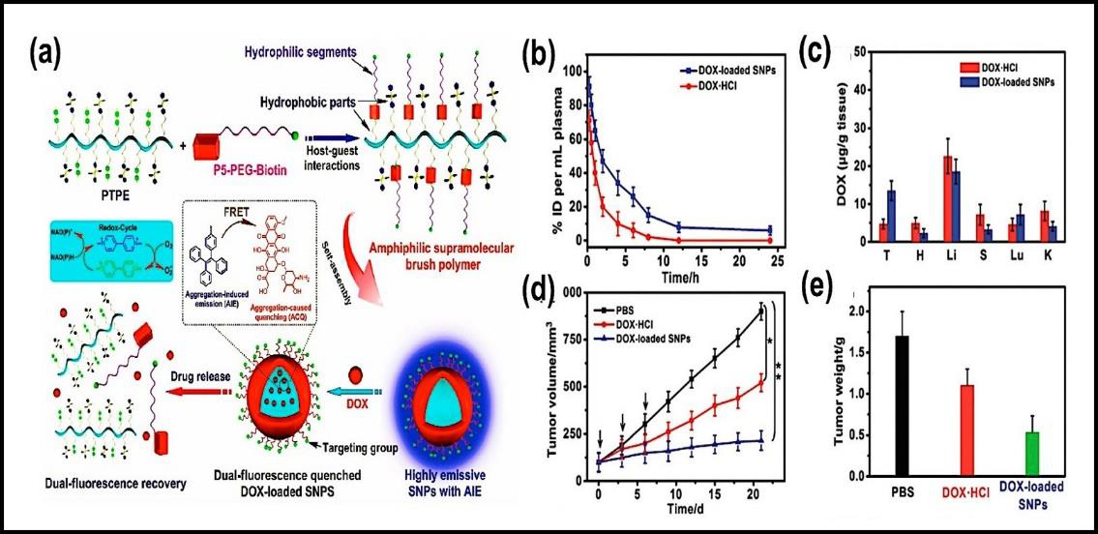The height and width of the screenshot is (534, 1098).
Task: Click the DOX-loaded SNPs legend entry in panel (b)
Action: point(714,71)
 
